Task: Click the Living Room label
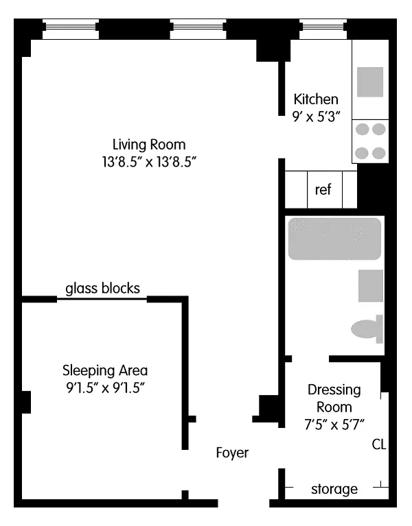pos(149,145)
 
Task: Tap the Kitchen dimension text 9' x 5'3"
pos(317,117)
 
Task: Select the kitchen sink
pos(370,82)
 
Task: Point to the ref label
pos(323,189)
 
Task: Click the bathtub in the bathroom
pos(334,239)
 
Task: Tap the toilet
pos(367,329)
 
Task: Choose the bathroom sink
pos(371,286)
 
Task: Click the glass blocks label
pos(103,289)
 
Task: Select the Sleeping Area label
pos(105,370)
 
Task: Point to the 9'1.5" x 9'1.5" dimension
pos(105,387)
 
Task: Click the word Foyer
pos(232,453)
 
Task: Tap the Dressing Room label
pos(334,398)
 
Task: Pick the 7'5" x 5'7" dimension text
pos(334,425)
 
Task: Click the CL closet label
pos(379,444)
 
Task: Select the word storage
pos(334,489)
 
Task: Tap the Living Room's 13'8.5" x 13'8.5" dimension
pos(149,162)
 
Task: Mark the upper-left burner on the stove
pos(363,129)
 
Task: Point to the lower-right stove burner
pos(379,153)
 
